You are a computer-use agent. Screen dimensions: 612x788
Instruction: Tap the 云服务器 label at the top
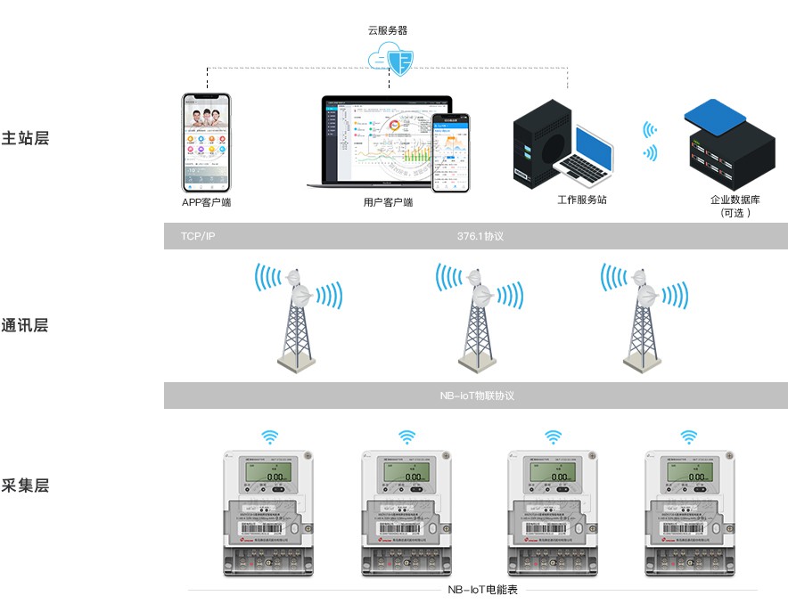pos(388,29)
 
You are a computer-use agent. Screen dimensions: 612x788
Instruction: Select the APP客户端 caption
pos(206,202)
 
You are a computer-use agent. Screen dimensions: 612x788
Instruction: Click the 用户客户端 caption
pos(389,202)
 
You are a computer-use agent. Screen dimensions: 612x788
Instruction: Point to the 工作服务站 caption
pos(581,200)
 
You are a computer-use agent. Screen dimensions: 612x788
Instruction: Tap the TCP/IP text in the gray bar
pos(198,236)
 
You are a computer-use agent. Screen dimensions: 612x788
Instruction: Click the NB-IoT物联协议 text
pos(477,396)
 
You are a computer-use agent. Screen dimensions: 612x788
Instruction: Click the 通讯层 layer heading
pos(25,325)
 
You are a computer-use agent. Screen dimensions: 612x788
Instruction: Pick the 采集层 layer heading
pos(25,486)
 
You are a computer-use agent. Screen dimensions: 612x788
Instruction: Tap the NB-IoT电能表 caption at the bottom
pos(482,590)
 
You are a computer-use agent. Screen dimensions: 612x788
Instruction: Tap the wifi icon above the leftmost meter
pos(269,437)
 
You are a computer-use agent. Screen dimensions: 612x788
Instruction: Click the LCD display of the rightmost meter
pos(691,475)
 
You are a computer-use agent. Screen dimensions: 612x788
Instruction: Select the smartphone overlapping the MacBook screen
pos(450,151)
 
